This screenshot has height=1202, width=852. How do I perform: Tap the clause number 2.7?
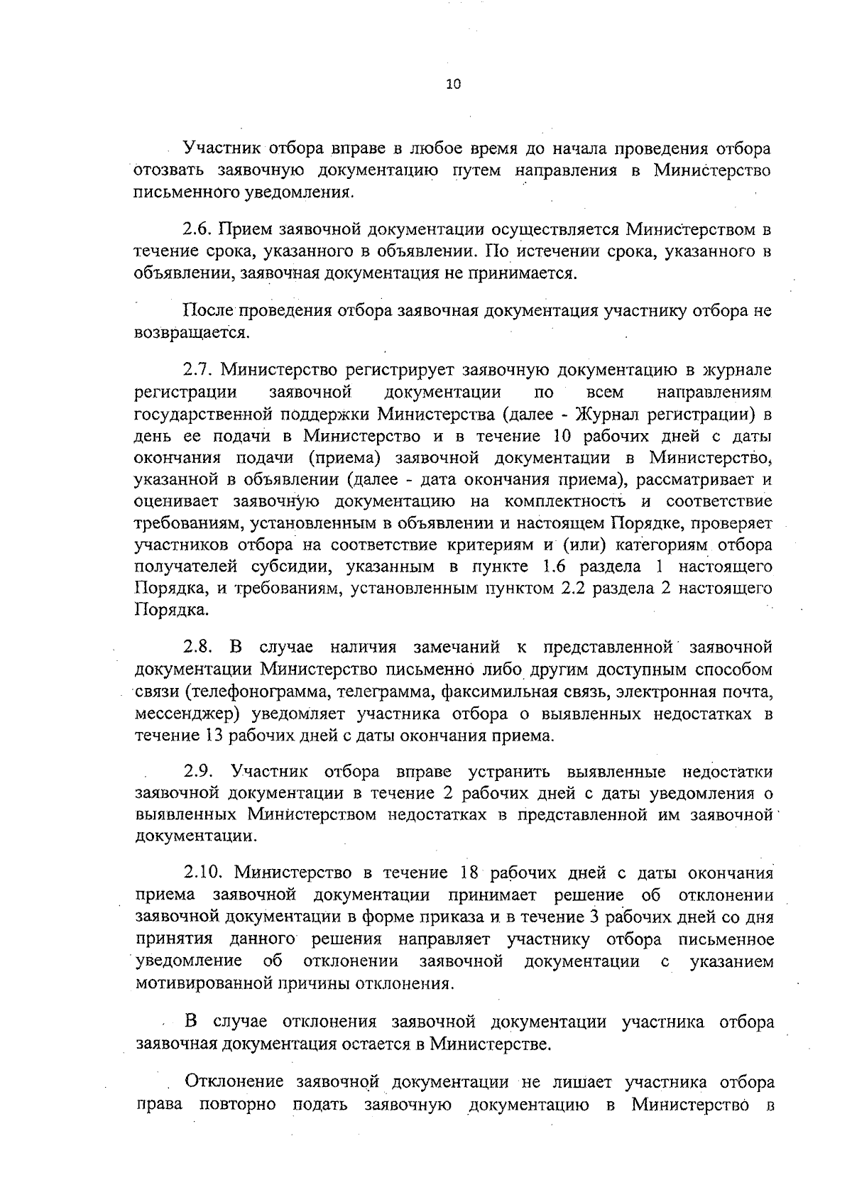(199, 370)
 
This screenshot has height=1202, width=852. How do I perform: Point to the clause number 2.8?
(198, 648)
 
